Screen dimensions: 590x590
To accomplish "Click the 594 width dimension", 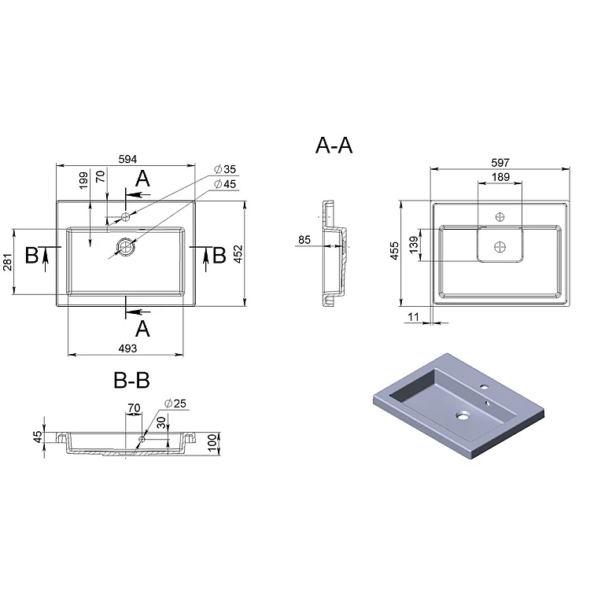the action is pyautogui.click(x=127, y=159).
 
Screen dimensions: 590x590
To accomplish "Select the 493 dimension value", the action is pyautogui.click(x=127, y=348).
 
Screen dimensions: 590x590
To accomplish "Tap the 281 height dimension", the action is pyautogui.click(x=8, y=262).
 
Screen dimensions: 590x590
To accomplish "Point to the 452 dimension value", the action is pyautogui.click(x=238, y=254).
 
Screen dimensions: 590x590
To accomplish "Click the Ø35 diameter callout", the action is pyautogui.click(x=225, y=169).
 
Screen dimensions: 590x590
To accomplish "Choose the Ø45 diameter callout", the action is pyautogui.click(x=225, y=184).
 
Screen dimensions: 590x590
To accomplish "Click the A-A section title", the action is pyautogui.click(x=334, y=146).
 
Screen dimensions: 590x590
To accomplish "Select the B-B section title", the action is pyautogui.click(x=131, y=380).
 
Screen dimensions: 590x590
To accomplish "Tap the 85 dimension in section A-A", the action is pyautogui.click(x=304, y=240).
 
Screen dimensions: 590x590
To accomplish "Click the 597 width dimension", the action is pyautogui.click(x=500, y=163).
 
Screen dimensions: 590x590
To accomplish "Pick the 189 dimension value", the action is pyautogui.click(x=500, y=177).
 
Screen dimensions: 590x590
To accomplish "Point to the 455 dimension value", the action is pyautogui.click(x=394, y=251).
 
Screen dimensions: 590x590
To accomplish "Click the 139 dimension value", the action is pyautogui.click(x=414, y=245).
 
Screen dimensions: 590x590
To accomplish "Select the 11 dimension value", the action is pyautogui.click(x=413, y=317).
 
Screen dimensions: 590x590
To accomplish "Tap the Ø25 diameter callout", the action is pyautogui.click(x=175, y=404).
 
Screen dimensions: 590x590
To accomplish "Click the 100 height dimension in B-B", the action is pyautogui.click(x=212, y=442).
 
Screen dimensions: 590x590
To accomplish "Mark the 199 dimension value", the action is pyautogui.click(x=83, y=180).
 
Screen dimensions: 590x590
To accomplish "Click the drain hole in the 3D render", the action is pyautogui.click(x=463, y=416).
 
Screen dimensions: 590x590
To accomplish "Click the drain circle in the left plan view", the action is pyautogui.click(x=126, y=247).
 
